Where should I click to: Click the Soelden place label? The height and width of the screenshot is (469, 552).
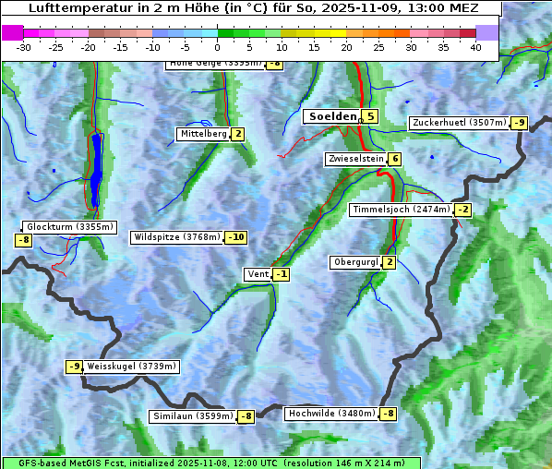pyautogui.click(x=330, y=116)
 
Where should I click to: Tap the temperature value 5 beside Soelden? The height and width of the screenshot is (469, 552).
pyautogui.click(x=369, y=116)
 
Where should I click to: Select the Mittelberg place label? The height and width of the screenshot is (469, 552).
pyautogui.click(x=203, y=134)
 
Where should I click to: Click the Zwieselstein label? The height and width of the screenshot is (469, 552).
pyautogui.click(x=355, y=159)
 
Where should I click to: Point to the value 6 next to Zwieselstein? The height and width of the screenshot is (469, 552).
pyautogui.click(x=395, y=159)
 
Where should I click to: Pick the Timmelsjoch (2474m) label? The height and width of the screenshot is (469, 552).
pyautogui.click(x=402, y=210)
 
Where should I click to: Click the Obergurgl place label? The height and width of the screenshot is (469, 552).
pyautogui.click(x=354, y=262)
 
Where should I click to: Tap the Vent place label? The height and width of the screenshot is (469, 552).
pyautogui.click(x=258, y=274)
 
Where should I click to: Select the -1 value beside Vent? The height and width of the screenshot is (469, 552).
pyautogui.click(x=281, y=274)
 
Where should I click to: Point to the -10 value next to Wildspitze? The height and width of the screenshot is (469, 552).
pyautogui.click(x=235, y=237)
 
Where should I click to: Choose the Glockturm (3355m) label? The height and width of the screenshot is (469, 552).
pyautogui.click(x=70, y=227)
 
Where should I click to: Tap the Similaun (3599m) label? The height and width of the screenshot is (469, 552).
pyautogui.click(x=192, y=416)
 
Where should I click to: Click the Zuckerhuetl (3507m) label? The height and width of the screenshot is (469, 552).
pyautogui.click(x=459, y=123)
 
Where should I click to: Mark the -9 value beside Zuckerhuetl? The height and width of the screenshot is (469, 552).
pyautogui.click(x=520, y=123)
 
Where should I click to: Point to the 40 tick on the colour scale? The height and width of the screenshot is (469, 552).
pyautogui.click(x=475, y=47)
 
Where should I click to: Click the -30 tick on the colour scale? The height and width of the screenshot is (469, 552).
pyautogui.click(x=24, y=47)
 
